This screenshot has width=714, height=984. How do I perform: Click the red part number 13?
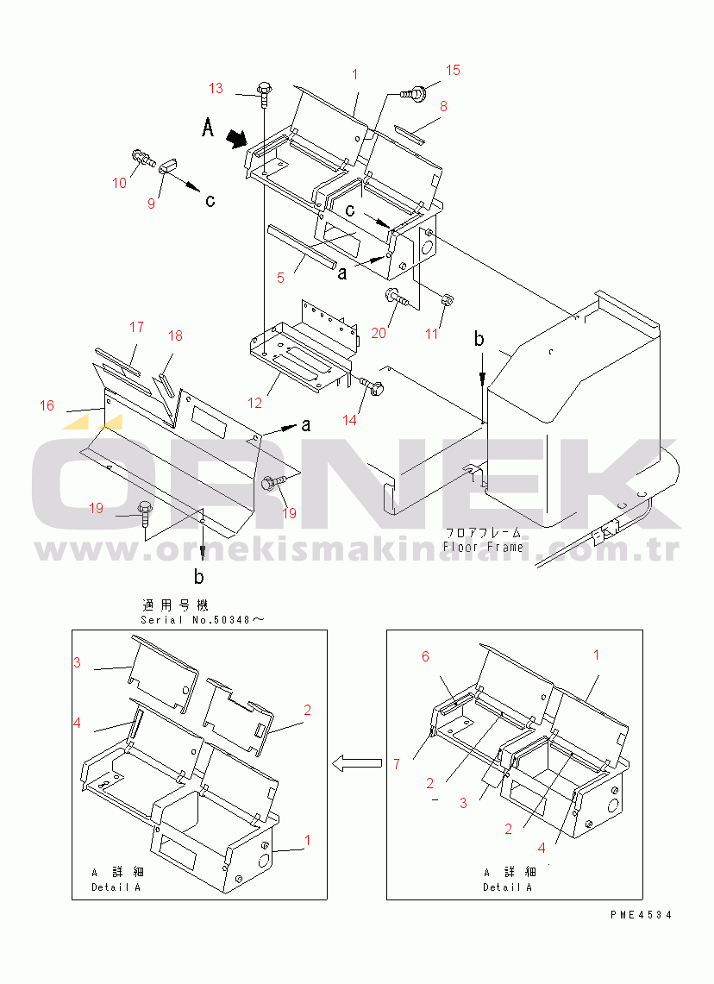(216, 88)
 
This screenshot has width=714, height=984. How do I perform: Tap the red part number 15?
(453, 70)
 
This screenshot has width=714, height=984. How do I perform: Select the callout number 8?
(443, 106)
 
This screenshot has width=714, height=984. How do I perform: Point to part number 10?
(119, 182)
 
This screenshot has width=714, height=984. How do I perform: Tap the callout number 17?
(136, 327)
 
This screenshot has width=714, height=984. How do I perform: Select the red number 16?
(47, 405)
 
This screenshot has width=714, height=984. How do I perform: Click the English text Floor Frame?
(482, 547)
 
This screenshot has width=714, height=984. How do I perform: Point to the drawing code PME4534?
(638, 915)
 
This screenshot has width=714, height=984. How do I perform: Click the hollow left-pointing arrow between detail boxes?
(357, 762)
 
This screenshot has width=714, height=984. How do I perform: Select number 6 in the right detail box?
(425, 656)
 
